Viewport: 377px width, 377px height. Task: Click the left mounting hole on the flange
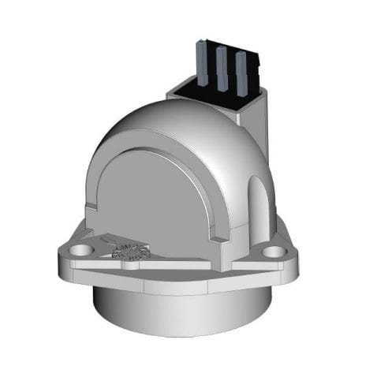[x=78, y=250]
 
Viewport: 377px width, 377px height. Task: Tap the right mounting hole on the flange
[x=273, y=252]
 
